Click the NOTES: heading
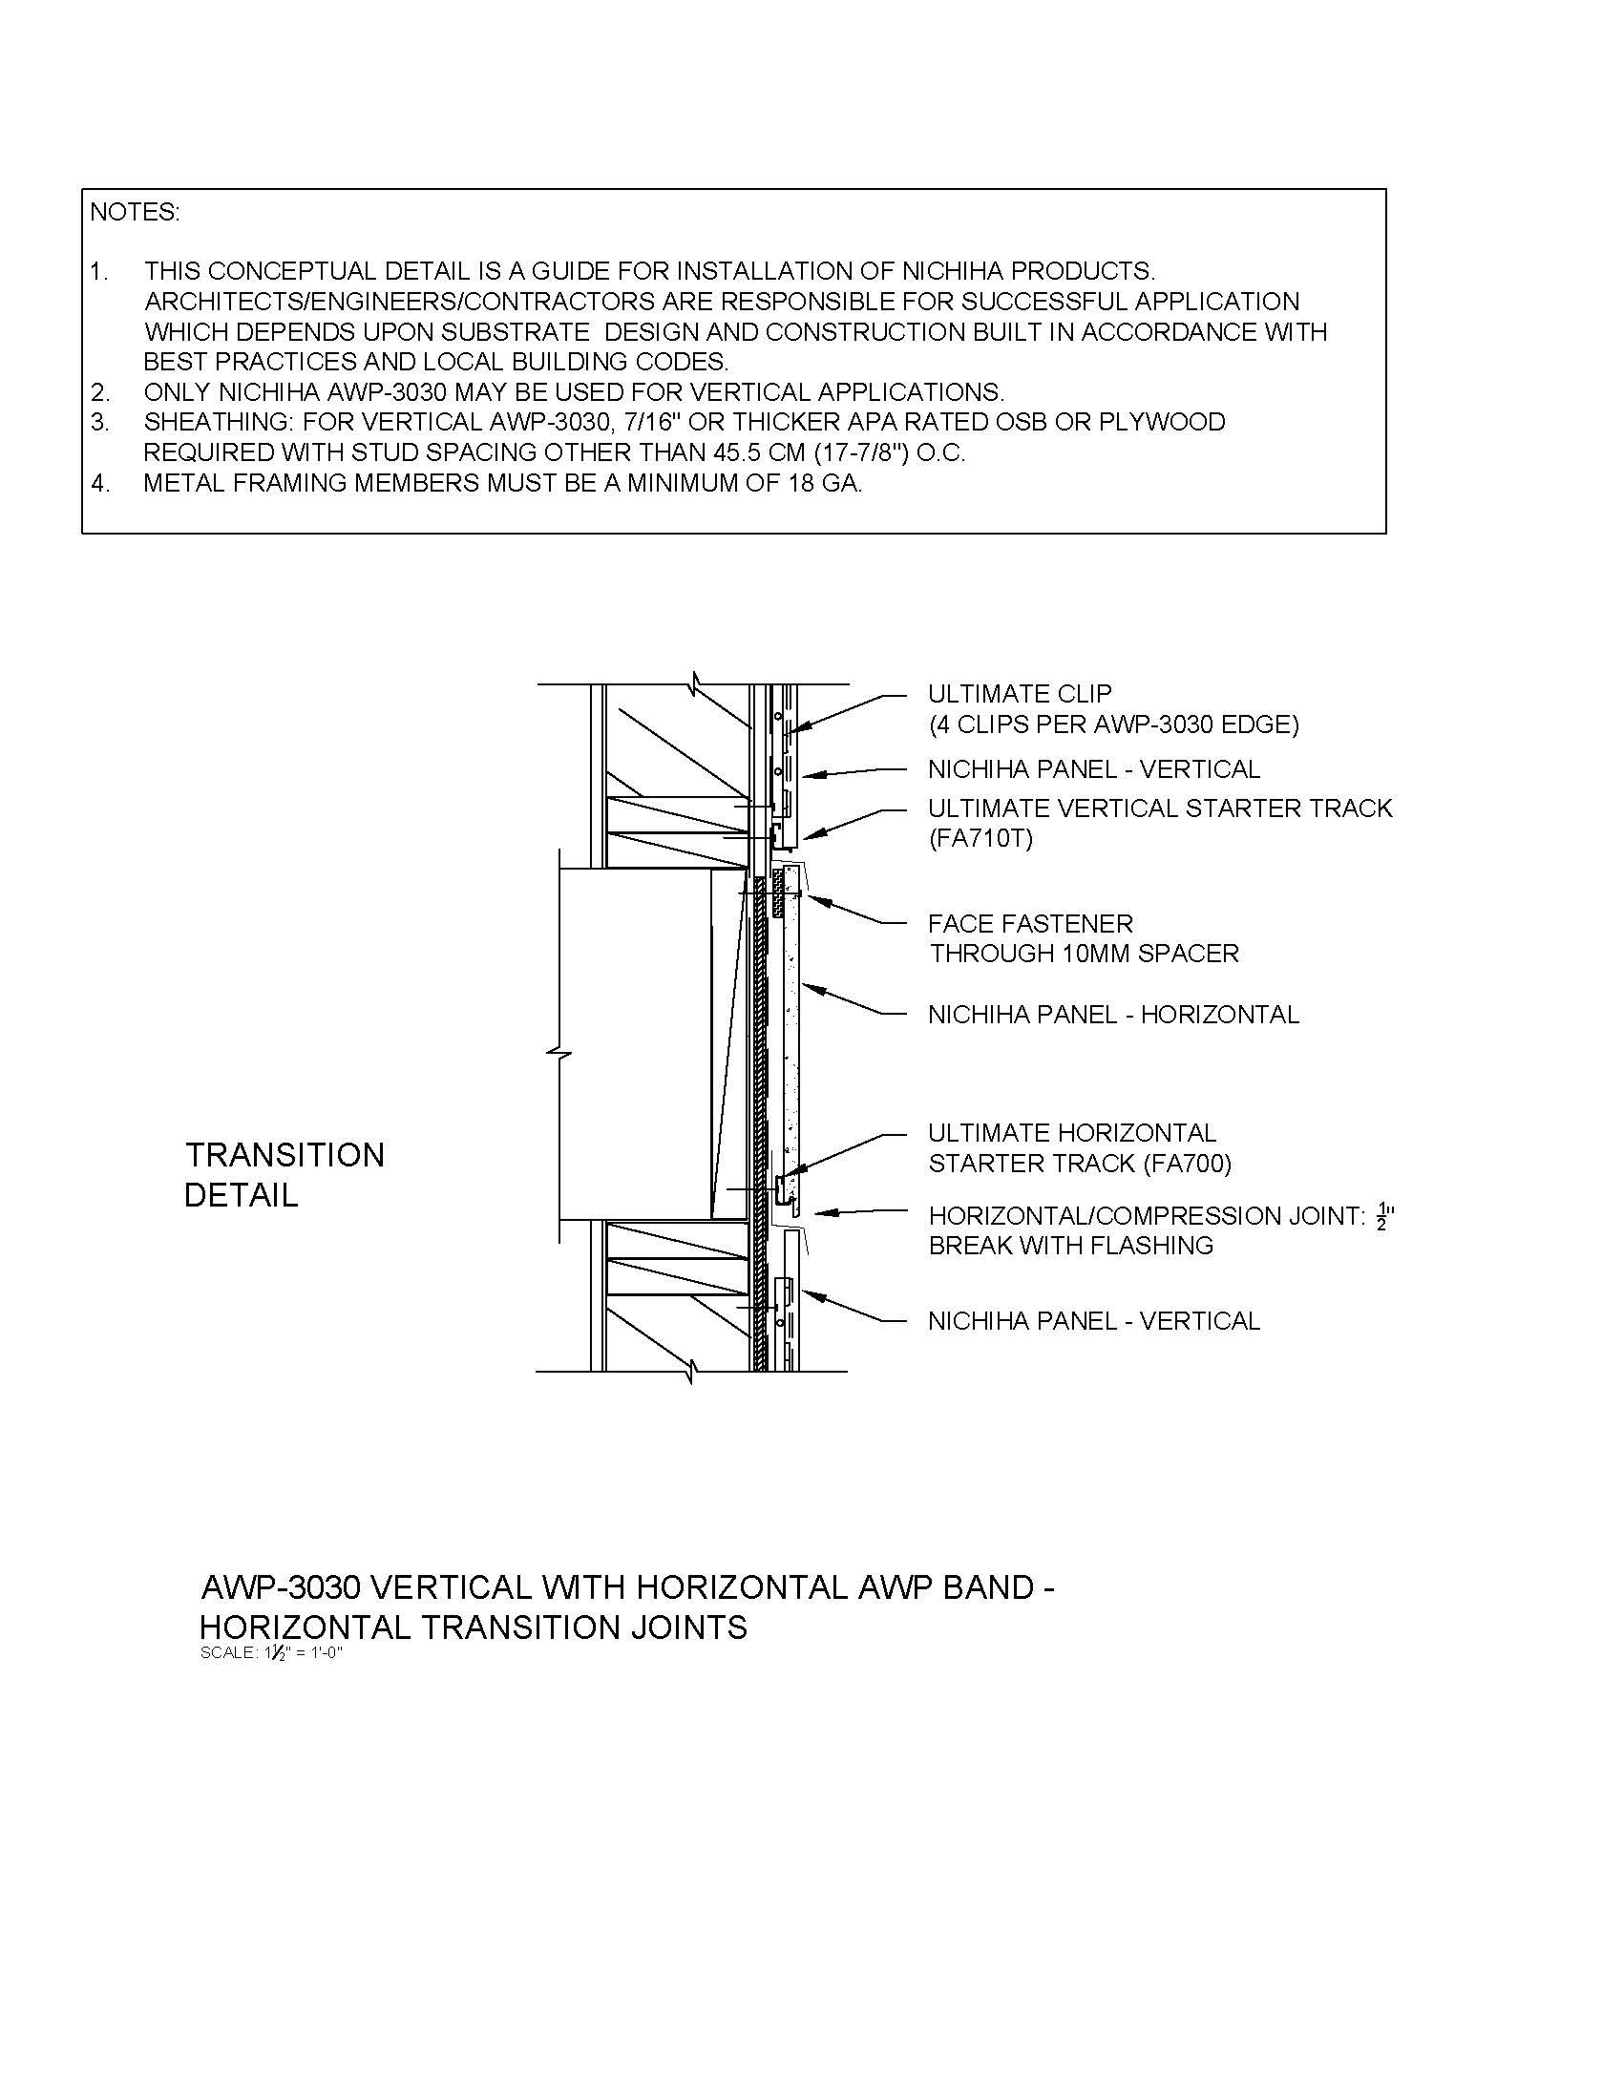tap(135, 213)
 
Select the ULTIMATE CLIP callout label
tap(1020, 693)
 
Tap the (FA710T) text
tap(980, 838)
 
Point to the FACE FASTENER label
tap(1030, 924)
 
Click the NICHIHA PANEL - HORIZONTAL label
tap(1112, 1015)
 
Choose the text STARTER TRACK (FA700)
tap(1079, 1164)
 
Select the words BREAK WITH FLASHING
tap(1070, 1246)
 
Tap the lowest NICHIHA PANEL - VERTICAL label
tap(1093, 1321)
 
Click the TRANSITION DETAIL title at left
tap(284, 1175)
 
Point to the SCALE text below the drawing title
tap(271, 1653)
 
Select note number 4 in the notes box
tap(100, 484)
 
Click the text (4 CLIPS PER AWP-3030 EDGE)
tap(1112, 724)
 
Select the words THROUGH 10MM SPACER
tap(1084, 954)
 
